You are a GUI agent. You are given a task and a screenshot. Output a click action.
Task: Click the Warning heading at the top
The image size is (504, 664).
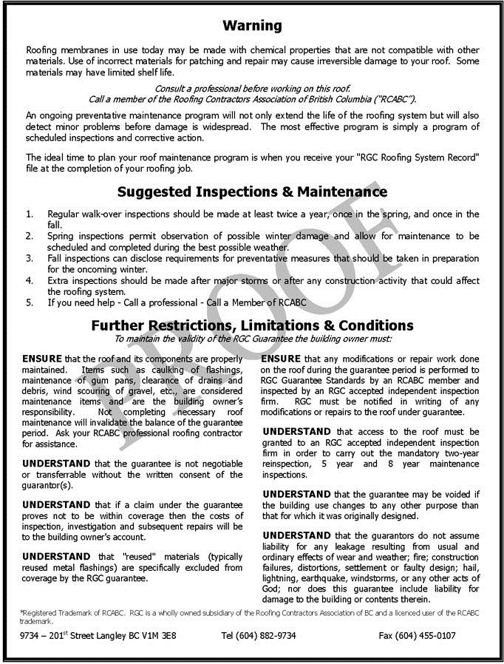252,26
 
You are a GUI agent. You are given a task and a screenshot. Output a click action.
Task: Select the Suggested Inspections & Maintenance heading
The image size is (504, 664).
252,192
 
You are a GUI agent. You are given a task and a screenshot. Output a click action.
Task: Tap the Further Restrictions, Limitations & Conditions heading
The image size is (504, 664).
252,325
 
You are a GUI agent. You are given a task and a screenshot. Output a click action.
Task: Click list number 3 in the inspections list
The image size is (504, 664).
30,259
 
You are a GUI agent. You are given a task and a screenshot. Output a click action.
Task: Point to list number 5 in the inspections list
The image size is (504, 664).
30,302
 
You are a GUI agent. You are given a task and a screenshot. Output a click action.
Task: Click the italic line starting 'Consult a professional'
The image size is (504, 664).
252,88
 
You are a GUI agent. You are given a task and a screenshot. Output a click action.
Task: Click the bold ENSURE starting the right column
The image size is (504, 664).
281,359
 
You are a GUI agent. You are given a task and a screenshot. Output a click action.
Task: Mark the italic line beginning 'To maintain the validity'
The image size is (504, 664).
252,339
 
